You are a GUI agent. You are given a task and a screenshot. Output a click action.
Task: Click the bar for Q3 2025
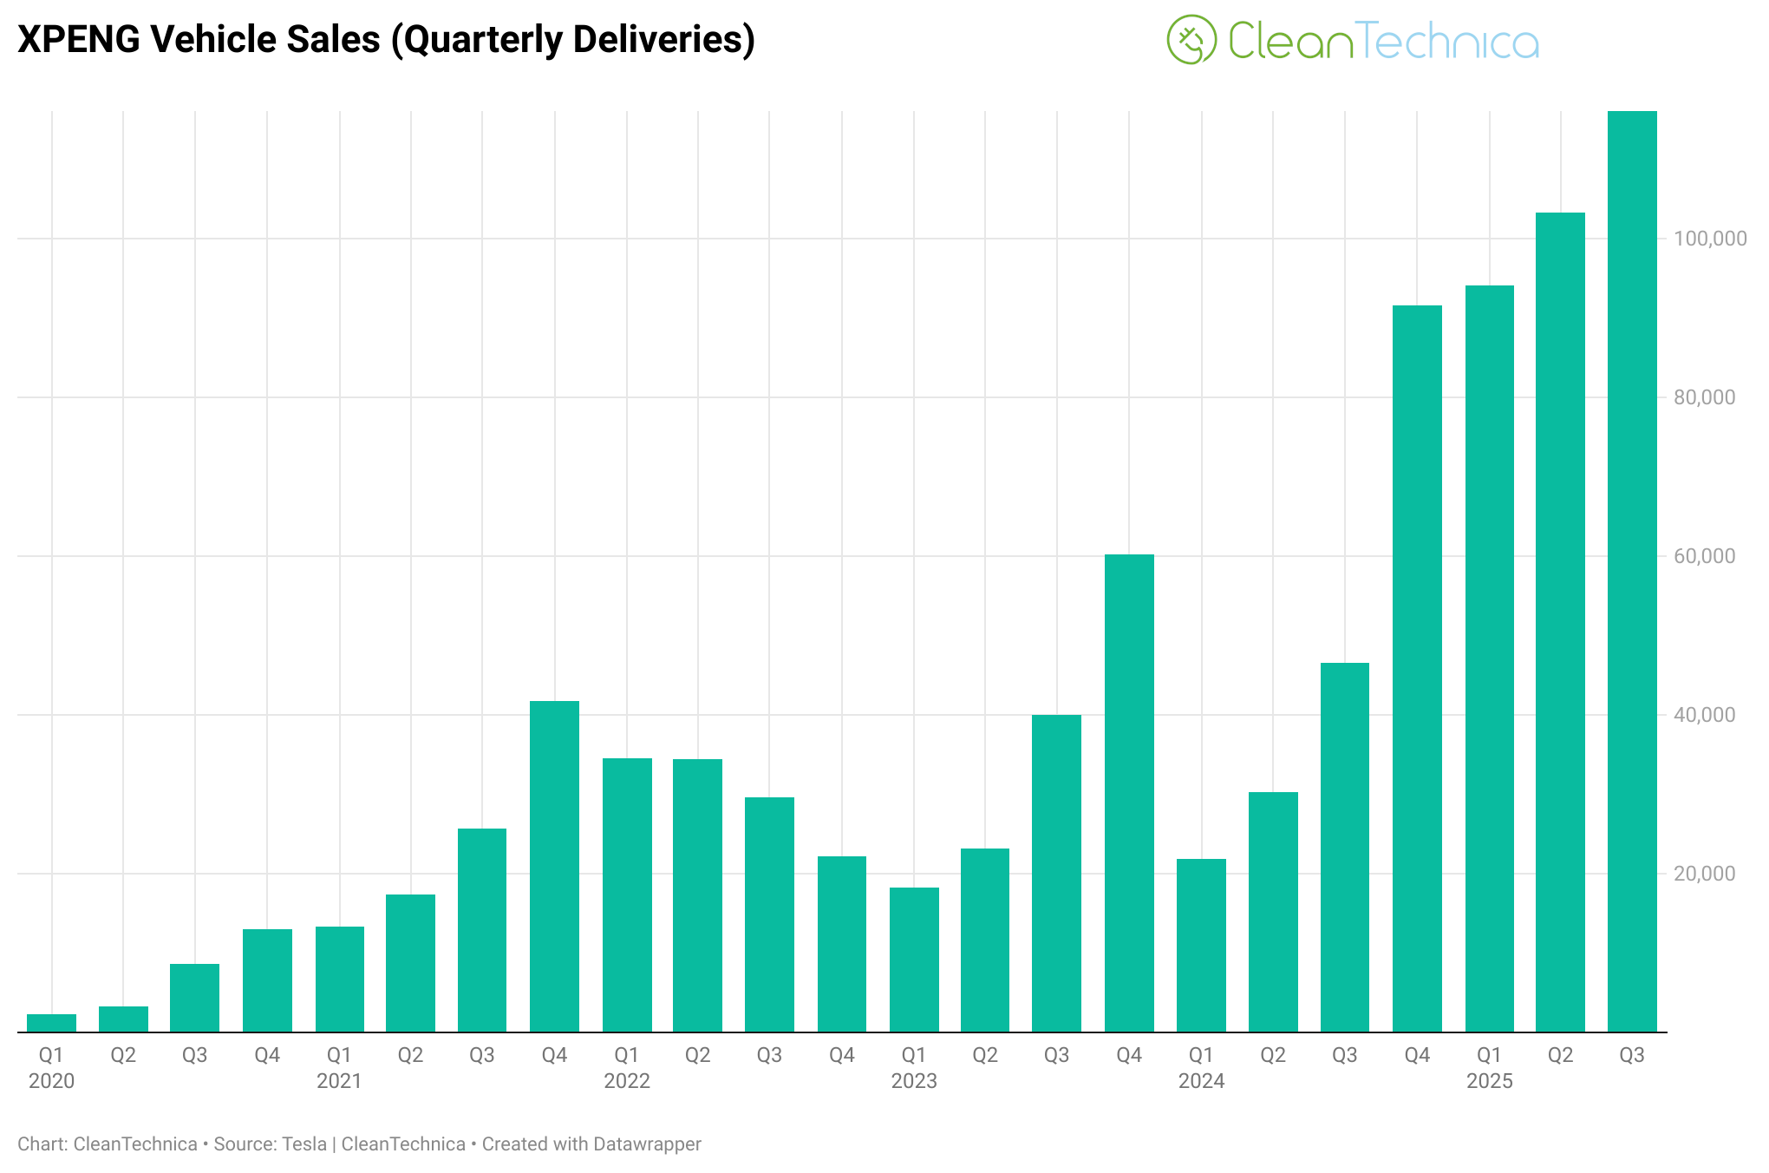click(x=1632, y=573)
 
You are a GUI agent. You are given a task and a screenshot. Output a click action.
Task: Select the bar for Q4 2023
click(x=1129, y=794)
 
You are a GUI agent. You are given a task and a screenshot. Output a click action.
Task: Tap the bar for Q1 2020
click(x=51, y=1023)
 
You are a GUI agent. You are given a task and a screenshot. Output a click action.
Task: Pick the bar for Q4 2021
click(x=554, y=867)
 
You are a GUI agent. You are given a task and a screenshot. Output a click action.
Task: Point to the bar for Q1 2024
click(x=1201, y=946)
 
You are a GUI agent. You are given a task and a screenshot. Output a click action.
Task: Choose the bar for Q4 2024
click(x=1417, y=668)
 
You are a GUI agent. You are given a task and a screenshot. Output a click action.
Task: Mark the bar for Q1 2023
click(x=914, y=960)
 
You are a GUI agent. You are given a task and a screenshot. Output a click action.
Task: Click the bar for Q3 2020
click(x=194, y=998)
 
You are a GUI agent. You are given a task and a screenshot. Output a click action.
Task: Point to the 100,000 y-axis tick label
click(x=1710, y=239)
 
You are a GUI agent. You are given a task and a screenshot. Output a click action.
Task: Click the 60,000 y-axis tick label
click(x=1704, y=556)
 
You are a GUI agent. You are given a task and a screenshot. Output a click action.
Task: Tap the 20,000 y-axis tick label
click(x=1704, y=874)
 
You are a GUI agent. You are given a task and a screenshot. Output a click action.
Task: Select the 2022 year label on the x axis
click(x=627, y=1081)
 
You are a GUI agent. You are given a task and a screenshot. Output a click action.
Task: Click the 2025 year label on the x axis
click(x=1489, y=1081)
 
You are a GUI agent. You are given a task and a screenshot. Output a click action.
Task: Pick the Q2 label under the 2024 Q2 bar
click(x=1273, y=1055)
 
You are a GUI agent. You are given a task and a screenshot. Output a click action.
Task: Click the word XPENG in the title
click(x=77, y=40)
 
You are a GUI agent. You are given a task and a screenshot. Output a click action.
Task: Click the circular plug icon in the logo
click(x=1191, y=40)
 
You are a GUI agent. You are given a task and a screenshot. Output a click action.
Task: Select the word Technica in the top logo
click(x=1446, y=42)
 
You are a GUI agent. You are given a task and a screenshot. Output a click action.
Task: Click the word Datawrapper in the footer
click(x=646, y=1144)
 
